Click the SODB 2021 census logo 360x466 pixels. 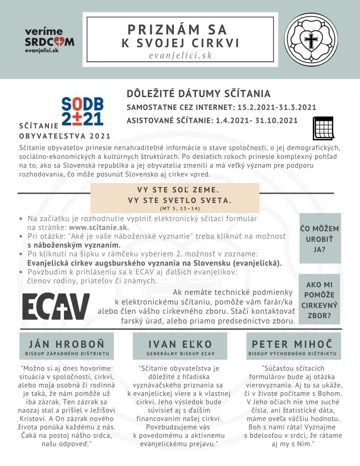point(82,112)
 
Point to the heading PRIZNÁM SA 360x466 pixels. point(177,30)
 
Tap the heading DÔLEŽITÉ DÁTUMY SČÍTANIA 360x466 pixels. point(199,94)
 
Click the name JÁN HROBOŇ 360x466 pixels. point(67,344)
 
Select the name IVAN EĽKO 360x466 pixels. point(180,344)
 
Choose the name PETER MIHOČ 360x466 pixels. point(292,344)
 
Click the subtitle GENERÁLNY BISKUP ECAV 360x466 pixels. point(180,354)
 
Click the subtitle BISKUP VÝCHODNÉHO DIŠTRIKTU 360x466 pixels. point(292,354)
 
